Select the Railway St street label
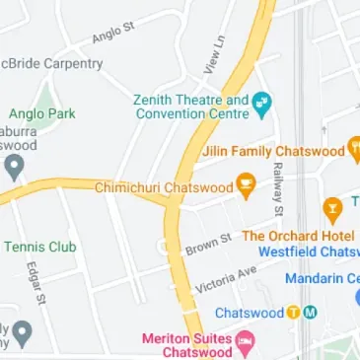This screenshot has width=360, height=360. click(278, 190)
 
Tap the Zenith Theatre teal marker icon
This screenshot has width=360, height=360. click(261, 103)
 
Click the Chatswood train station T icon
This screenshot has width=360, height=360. click(293, 313)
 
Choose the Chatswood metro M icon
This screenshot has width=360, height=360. click(310, 313)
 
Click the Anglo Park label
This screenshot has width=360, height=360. click(41, 113)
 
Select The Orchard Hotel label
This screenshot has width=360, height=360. click(300, 236)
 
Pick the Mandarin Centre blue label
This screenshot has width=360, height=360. click(323, 278)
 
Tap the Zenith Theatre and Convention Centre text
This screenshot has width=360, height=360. click(190, 107)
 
